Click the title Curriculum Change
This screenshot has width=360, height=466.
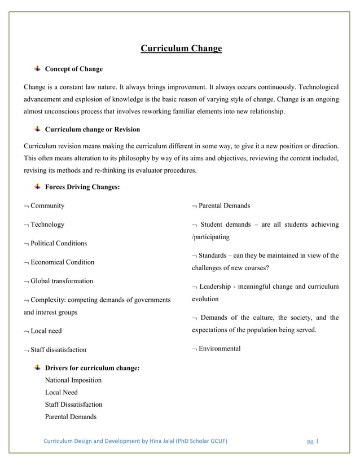pos(181,49)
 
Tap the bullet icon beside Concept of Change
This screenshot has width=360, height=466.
pos(37,69)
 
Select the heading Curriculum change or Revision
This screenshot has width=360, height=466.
pos(92,130)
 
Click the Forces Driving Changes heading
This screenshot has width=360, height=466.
pos(82,187)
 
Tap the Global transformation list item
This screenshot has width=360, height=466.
pos(62,281)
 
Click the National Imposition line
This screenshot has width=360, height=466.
pos(73,380)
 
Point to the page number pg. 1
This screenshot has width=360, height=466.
pos(313,441)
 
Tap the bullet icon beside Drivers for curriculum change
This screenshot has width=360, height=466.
pos(37,368)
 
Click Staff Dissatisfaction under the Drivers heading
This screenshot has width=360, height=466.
pos(73,405)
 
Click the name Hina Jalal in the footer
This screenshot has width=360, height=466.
pos(164,441)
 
